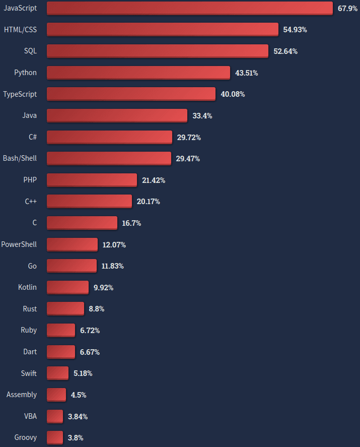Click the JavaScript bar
(189, 8)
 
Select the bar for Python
(138, 73)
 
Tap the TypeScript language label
(20, 94)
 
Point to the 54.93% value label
(295, 30)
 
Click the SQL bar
(157, 51)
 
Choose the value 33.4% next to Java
(202, 116)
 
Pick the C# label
(33, 137)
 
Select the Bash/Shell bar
(109, 158)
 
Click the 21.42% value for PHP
(154, 180)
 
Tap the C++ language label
(31, 201)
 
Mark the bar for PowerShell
(72, 244)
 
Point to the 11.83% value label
(112, 266)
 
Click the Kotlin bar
(67, 287)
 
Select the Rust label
(30, 309)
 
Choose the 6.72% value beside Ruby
(90, 331)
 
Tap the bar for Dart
(60, 352)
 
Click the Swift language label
(29, 373)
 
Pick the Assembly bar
(56, 395)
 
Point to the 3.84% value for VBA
(78, 416)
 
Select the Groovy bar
(54, 437)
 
